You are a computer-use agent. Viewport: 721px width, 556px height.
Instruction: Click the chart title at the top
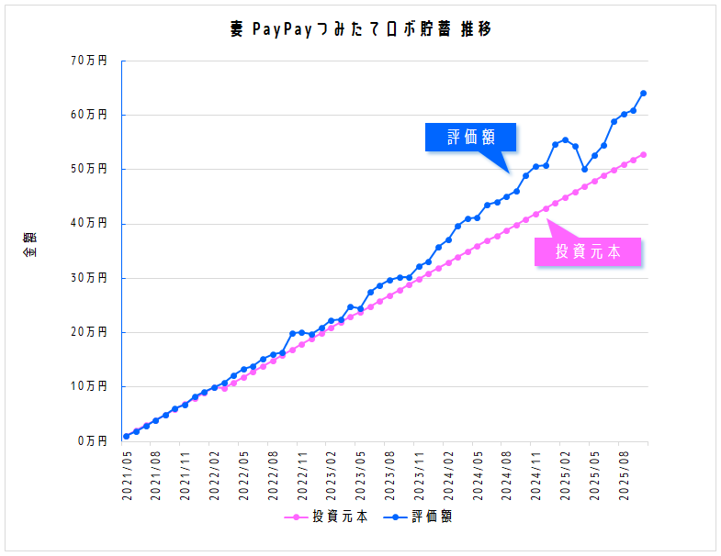pyautogui.click(x=361, y=30)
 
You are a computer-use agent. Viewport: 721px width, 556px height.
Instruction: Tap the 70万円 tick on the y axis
pyautogui.click(x=89, y=61)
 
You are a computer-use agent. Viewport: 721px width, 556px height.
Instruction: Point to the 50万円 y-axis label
pyautogui.click(x=89, y=169)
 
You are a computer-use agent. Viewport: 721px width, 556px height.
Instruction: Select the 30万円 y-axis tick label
pyautogui.click(x=89, y=278)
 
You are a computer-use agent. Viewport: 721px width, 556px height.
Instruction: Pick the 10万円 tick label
pyautogui.click(x=89, y=386)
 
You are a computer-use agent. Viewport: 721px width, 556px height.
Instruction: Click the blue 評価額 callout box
pyautogui.click(x=471, y=138)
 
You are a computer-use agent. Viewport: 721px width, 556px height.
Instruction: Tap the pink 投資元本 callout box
pyautogui.click(x=588, y=251)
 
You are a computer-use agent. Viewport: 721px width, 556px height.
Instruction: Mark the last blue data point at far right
pyautogui.click(x=643, y=94)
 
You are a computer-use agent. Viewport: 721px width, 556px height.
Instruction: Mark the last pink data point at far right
pyautogui.click(x=643, y=154)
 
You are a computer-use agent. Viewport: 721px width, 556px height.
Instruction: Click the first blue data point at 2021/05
pyautogui.click(x=127, y=436)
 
